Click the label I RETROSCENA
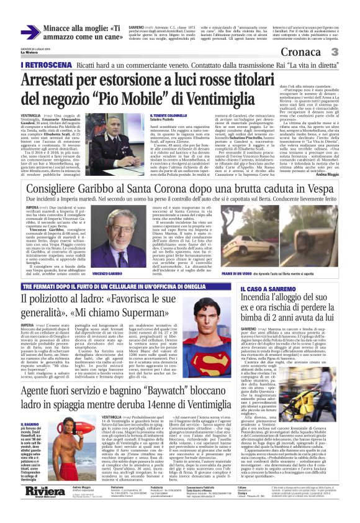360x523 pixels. click(46, 64)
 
